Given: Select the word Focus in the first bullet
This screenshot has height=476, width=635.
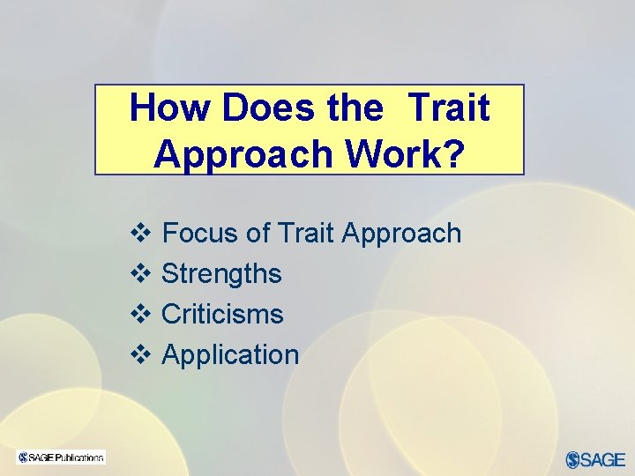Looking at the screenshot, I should coord(200,234).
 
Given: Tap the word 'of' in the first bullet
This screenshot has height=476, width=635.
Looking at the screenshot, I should coord(258,234).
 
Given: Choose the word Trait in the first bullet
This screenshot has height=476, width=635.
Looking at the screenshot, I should coord(305,234).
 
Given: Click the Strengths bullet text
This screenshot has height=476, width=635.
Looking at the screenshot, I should coord(221,274).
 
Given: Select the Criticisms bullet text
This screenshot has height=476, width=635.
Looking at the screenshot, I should coord(222,315).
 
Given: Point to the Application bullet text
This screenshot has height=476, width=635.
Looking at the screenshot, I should coord(230,355).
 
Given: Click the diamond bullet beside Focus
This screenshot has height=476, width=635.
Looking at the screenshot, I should coord(139,234).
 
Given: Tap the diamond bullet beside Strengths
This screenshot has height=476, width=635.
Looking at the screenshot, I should coord(139,274).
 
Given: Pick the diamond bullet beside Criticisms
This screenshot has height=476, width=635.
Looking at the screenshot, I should coord(139,315).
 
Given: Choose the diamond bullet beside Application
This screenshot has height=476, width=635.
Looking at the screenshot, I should coord(139,355).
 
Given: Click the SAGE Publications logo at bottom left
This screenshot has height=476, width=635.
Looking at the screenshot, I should coord(61,457).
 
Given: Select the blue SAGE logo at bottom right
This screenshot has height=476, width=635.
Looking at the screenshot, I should coord(595,459).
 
